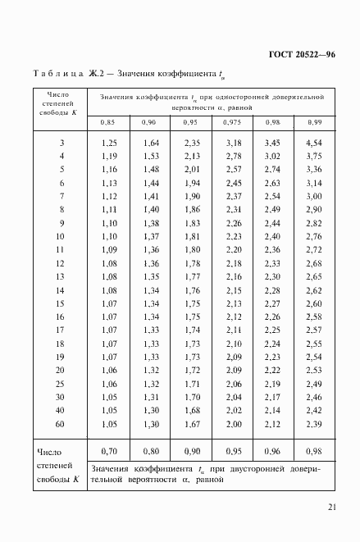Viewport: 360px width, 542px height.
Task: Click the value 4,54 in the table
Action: (313, 143)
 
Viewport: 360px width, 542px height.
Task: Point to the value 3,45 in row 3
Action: (272, 143)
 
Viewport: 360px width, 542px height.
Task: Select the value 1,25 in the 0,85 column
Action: (109, 143)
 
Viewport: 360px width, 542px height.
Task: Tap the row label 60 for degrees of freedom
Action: (60, 425)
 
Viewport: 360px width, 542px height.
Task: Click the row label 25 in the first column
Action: (60, 385)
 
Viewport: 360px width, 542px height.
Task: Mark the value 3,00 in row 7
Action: (313, 197)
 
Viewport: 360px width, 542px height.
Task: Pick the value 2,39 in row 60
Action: (313, 425)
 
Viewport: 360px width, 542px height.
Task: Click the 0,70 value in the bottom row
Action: (109, 451)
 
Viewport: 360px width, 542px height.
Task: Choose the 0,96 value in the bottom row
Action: (272, 451)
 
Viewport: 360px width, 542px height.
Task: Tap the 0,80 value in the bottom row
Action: (150, 451)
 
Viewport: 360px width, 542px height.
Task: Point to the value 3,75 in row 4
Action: (313, 157)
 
